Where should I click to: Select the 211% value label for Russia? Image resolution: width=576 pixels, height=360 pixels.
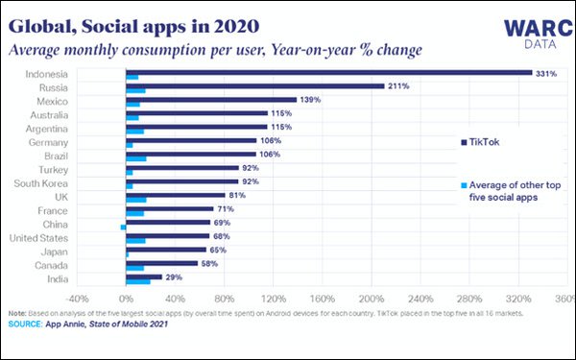pos(398,85)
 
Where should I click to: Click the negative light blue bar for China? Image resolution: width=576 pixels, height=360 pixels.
pos(123,227)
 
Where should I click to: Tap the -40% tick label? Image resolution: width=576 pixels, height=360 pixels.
pos(77,299)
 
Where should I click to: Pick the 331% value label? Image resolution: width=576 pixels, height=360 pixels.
pos(545,72)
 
